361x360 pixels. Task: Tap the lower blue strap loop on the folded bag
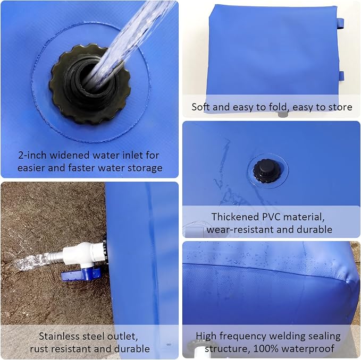coord(341,76)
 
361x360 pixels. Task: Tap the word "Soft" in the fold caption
coord(201,107)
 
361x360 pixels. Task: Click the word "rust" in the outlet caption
coord(39,349)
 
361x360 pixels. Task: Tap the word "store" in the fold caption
coord(340,107)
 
